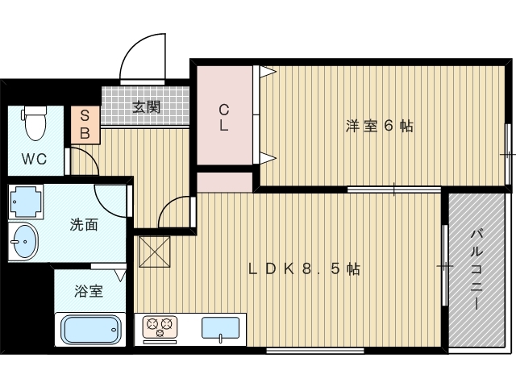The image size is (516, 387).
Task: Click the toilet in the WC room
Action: pyautogui.click(x=34, y=123)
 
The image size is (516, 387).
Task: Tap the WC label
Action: pyautogui.click(x=34, y=160)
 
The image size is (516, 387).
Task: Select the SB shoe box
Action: pyautogui.click(x=85, y=125)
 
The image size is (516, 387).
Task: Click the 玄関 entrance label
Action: pyautogui.click(x=147, y=106)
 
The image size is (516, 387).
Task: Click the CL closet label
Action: pyautogui.click(x=224, y=118)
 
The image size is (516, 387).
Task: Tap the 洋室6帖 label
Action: pyautogui.click(x=380, y=126)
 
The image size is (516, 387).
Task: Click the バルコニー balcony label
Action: pyautogui.click(x=476, y=270)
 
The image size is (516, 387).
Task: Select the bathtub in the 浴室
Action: pyautogui.click(x=90, y=330)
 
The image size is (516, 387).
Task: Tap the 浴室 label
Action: pyautogui.click(x=89, y=291)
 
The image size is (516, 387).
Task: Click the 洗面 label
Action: pyautogui.click(x=84, y=225)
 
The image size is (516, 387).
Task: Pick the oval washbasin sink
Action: pyautogui.click(x=24, y=242)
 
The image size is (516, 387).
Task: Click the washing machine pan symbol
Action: pyautogui.click(x=26, y=202)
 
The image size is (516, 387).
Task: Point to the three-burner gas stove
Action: pyautogui.click(x=160, y=327)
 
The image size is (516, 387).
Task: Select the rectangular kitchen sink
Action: pyautogui.click(x=220, y=328)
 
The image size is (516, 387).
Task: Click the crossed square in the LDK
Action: pyautogui.click(x=155, y=252)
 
